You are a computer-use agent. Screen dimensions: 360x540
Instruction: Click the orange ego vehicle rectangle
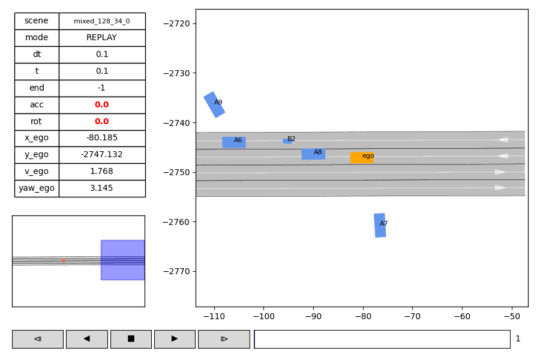pos(361,157)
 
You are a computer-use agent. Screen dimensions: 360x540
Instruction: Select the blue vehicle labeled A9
pos(214,104)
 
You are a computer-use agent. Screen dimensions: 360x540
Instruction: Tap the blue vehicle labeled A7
pos(380,225)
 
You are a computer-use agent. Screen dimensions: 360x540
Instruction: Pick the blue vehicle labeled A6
pos(233,142)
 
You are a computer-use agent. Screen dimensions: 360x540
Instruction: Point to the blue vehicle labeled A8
pos(313,154)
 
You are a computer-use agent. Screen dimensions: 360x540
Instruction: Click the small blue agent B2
pos(287,141)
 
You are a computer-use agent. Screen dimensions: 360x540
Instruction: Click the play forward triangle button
pos(175,339)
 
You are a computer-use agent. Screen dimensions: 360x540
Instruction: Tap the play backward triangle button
pos(86,339)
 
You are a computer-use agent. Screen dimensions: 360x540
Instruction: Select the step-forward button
pos(224,339)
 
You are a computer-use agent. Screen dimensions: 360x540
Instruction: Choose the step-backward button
pos(37,339)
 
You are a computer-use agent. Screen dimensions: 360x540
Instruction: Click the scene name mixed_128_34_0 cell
pos(102,21)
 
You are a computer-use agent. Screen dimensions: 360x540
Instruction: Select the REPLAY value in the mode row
pos(102,38)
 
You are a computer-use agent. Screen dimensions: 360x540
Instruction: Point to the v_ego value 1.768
pos(102,172)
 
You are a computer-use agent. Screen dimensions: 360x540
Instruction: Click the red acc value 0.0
pos(102,104)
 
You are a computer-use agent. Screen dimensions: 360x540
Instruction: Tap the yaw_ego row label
pos(37,188)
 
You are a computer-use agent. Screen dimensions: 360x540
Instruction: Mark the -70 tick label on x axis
pos(412,316)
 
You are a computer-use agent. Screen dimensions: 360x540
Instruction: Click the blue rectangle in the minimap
pos(122,260)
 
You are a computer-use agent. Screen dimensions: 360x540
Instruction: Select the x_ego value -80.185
pos(102,138)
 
